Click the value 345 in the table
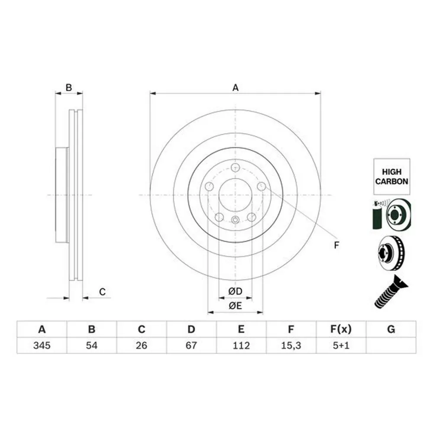coord(42,345)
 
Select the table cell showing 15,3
coord(291,345)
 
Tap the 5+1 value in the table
coord(341,345)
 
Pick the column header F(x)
coord(341,329)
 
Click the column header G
coord(391,329)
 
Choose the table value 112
coord(241,345)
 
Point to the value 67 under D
coord(191,345)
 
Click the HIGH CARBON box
coord(391,177)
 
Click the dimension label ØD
coord(235,291)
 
